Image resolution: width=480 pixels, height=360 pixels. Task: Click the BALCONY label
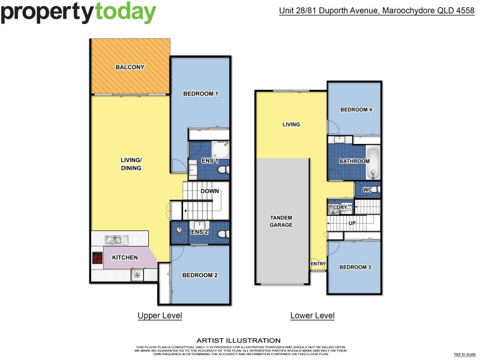[x=130, y=67]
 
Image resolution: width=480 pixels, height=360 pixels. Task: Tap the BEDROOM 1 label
[x=200, y=94]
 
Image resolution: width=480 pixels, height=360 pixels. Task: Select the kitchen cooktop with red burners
[x=97, y=259]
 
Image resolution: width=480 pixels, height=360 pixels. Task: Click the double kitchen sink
[x=113, y=241]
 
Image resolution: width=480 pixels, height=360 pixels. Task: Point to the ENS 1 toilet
[x=222, y=171]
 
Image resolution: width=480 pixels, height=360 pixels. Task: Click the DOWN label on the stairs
[x=210, y=192]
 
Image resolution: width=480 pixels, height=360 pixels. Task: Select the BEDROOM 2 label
[x=200, y=275]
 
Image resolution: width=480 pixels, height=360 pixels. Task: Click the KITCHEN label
[x=125, y=258]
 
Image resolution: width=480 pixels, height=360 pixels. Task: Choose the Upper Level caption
[x=160, y=316]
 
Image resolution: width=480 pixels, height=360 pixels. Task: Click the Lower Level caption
[x=312, y=316]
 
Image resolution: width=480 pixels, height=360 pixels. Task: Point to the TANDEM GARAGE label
[x=281, y=221]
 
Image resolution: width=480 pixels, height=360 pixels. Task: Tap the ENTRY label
[x=317, y=264]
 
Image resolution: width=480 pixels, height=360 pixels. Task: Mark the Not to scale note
[x=464, y=355]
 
